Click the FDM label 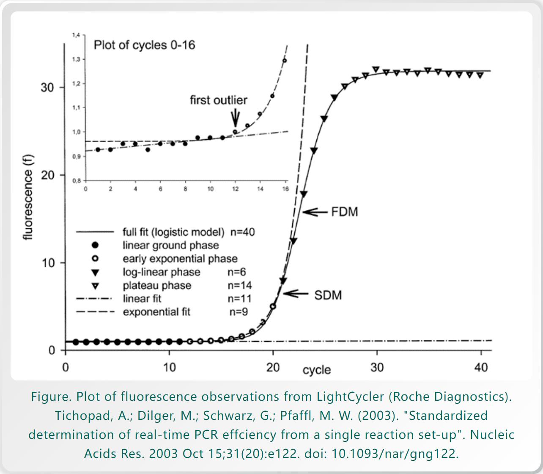point(344,212)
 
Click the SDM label point(328,295)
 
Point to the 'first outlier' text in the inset point(218,100)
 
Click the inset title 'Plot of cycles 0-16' point(144,45)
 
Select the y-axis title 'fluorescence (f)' point(28,197)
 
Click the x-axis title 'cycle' point(316,370)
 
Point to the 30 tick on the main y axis point(47,88)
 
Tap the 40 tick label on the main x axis point(481,367)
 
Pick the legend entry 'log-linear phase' point(162,272)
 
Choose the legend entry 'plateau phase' point(157,286)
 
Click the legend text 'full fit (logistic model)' point(173,232)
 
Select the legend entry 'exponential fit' point(156,312)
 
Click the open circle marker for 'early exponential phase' point(96,259)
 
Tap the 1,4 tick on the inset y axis point(76,35)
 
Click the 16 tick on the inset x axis point(285,189)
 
